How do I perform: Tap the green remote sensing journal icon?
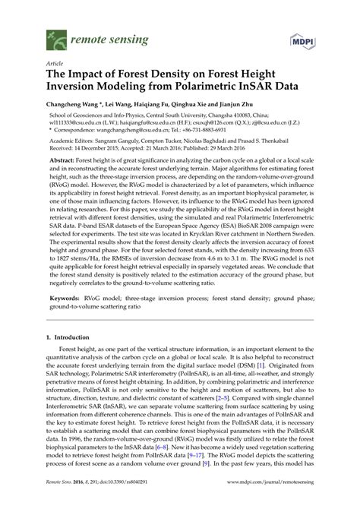point(54,35)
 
